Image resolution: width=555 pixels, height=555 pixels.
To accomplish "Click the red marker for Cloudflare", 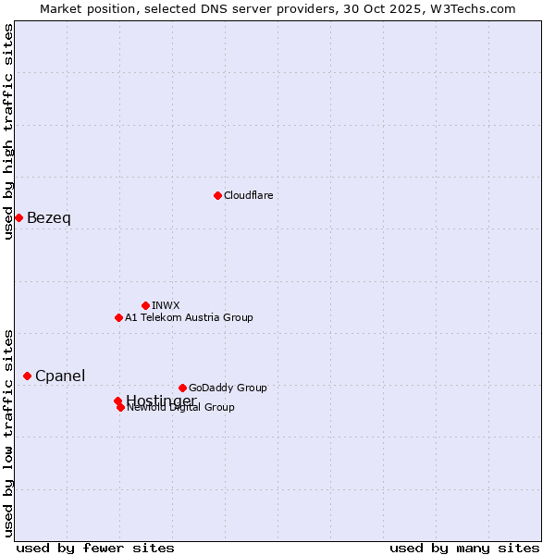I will [x=217, y=195].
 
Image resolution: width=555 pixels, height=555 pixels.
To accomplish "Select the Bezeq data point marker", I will [x=18, y=217].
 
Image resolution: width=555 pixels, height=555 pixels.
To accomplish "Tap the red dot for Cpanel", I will [x=28, y=376].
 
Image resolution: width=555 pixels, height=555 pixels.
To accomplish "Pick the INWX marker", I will [x=145, y=305].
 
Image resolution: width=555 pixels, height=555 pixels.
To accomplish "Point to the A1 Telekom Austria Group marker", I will [x=118, y=317].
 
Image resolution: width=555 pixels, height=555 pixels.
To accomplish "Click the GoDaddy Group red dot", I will [x=182, y=388].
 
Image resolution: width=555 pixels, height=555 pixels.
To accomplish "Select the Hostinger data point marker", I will [x=117, y=401].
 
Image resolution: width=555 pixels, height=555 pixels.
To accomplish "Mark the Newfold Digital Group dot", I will [x=121, y=407].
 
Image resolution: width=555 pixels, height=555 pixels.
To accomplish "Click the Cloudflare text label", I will [x=248, y=195].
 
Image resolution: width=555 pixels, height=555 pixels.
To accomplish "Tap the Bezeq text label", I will [x=49, y=218].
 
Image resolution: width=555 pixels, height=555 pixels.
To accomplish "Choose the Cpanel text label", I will [x=60, y=376].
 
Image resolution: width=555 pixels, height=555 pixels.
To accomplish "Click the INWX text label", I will [x=166, y=305].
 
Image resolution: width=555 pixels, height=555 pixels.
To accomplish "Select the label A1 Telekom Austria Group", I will [x=189, y=317].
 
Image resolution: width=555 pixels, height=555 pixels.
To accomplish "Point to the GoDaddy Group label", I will [x=228, y=388].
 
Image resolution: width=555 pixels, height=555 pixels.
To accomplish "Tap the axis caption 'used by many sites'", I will [x=464, y=549].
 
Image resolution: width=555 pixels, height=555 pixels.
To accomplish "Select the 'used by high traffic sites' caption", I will [x=9, y=131].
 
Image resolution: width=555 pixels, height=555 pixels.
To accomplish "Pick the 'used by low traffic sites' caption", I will [x=9, y=432].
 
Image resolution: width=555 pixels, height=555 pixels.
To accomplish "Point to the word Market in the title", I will [x=60, y=8].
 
